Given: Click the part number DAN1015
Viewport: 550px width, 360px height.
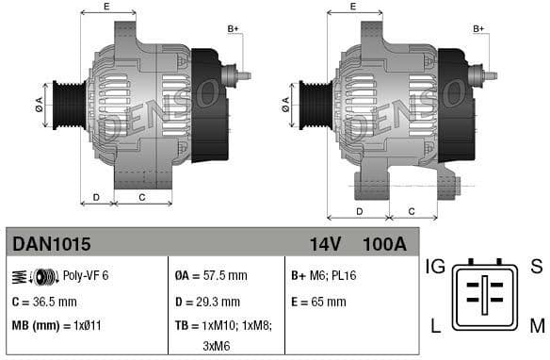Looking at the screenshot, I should coord(52,244).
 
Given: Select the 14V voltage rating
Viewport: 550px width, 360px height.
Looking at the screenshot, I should coord(325,244).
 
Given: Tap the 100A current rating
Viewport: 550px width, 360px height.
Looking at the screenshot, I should coord(383,244).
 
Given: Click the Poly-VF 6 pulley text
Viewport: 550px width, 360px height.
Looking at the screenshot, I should coord(86,275).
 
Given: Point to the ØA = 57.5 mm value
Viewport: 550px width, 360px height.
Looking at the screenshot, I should coord(211,275).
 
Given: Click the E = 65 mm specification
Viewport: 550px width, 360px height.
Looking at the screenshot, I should coord(318,302).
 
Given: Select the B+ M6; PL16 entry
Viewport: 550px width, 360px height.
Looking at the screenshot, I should coord(324,275).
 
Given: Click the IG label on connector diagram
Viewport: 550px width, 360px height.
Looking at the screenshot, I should coord(434,267).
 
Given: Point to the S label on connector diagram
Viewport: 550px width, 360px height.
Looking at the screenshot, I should coord(536,267).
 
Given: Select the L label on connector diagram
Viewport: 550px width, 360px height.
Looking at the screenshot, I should coord(436,326).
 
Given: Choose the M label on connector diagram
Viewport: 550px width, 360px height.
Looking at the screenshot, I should coord(536,326).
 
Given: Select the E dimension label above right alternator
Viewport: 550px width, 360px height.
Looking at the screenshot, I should coord(352,7).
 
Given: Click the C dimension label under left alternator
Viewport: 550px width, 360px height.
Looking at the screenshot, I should coord(141,197).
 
